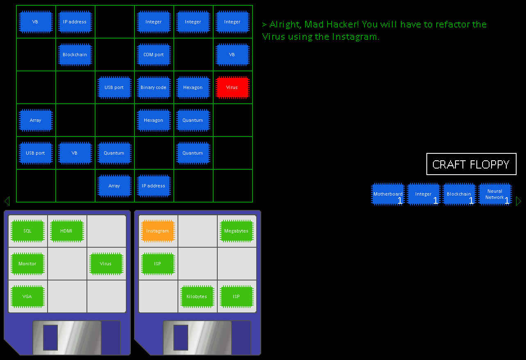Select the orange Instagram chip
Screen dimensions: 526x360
click(x=158, y=231)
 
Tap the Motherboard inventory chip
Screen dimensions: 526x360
click(x=388, y=194)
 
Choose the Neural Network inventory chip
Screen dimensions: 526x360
click(x=495, y=194)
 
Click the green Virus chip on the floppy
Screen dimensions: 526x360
click(x=106, y=264)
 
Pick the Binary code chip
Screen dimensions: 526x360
click(x=154, y=87)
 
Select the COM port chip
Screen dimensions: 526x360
click(x=154, y=55)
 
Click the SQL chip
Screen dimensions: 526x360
click(x=27, y=231)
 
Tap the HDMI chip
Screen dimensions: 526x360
click(x=67, y=231)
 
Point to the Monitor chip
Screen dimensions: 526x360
click(x=27, y=264)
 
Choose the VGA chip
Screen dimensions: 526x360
click(x=27, y=296)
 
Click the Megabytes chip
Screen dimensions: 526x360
click(x=237, y=231)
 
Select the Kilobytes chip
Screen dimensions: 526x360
click(x=197, y=296)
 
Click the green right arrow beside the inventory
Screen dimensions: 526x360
click(x=519, y=201)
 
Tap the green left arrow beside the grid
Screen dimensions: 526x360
click(x=7, y=201)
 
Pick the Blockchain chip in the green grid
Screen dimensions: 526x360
click(x=75, y=55)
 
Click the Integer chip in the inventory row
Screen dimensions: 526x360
click(x=424, y=194)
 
